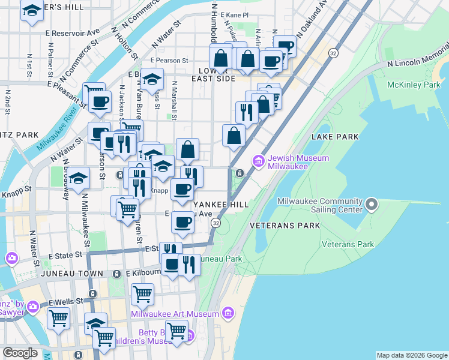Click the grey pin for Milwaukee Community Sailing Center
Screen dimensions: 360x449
pos(372,206)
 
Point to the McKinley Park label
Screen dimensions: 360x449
pos(414,85)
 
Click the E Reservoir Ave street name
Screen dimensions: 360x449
pos(76,32)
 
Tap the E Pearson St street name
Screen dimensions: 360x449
pos(169,61)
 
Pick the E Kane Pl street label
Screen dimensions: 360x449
pos(234,14)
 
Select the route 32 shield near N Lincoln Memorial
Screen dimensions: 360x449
pos(333,54)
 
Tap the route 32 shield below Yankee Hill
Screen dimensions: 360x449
pos(215,223)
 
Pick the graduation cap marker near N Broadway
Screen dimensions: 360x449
pos(77,179)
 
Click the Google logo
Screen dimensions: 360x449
pos(20,352)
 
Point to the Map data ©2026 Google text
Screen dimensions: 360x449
pos(411,355)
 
